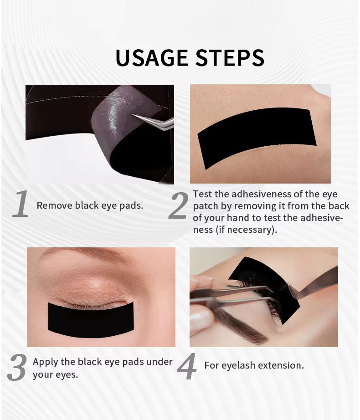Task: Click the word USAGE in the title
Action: point(152,57)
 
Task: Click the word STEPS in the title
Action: point(230,57)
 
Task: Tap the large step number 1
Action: point(21,204)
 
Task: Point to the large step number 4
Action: point(187,366)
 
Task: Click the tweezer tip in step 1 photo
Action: point(133,115)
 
